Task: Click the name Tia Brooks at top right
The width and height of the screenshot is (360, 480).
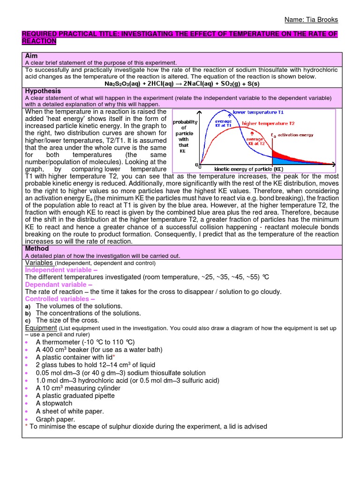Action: pos(311,20)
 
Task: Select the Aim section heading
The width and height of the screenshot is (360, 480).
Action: pos(31,55)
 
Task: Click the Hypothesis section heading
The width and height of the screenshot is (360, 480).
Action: pos(43,91)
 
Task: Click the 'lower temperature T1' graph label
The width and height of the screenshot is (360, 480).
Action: pos(258,112)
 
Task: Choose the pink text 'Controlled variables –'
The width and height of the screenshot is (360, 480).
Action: pos(60,299)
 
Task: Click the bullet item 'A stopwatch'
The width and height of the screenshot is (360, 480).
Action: pos(54,404)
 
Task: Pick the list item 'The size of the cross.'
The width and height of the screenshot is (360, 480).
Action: pos(67,321)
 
